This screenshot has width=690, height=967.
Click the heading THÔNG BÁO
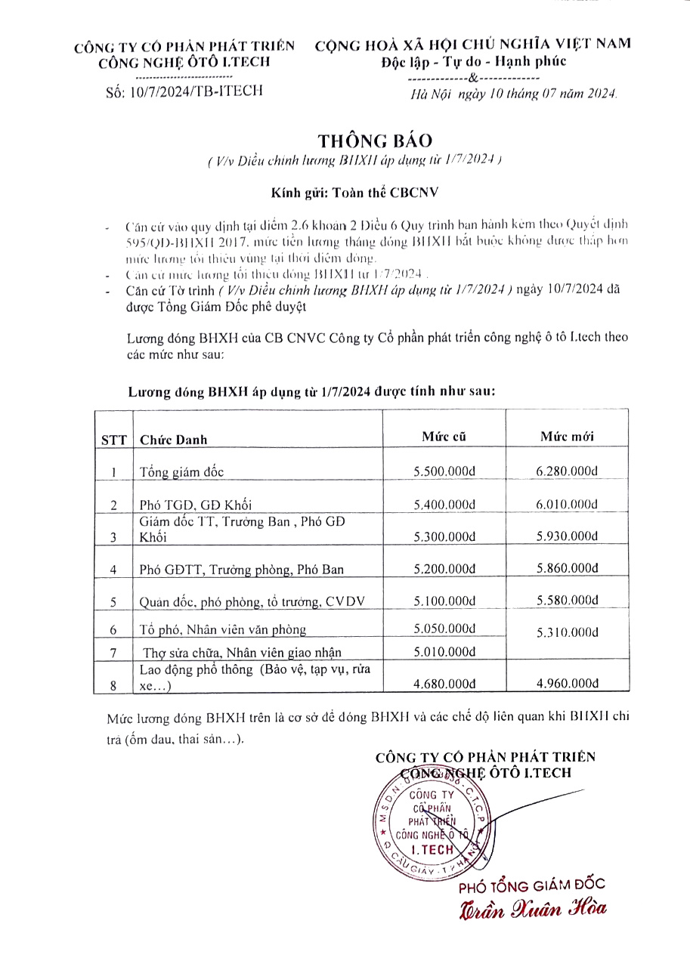[376, 141]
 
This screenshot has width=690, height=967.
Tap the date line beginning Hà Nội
[513, 94]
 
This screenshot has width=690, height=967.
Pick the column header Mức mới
[567, 437]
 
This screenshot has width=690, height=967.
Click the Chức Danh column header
[174, 440]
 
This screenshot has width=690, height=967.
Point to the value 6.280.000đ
[567, 471]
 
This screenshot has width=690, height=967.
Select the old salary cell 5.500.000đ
[444, 471]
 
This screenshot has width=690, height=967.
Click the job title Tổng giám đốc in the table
[182, 472]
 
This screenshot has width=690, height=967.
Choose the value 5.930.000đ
[567, 536]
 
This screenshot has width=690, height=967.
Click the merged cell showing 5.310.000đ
[567, 632]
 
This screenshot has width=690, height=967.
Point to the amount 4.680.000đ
[444, 684]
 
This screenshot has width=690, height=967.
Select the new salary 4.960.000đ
[567, 684]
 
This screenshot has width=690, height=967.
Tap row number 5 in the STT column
[113, 602]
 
